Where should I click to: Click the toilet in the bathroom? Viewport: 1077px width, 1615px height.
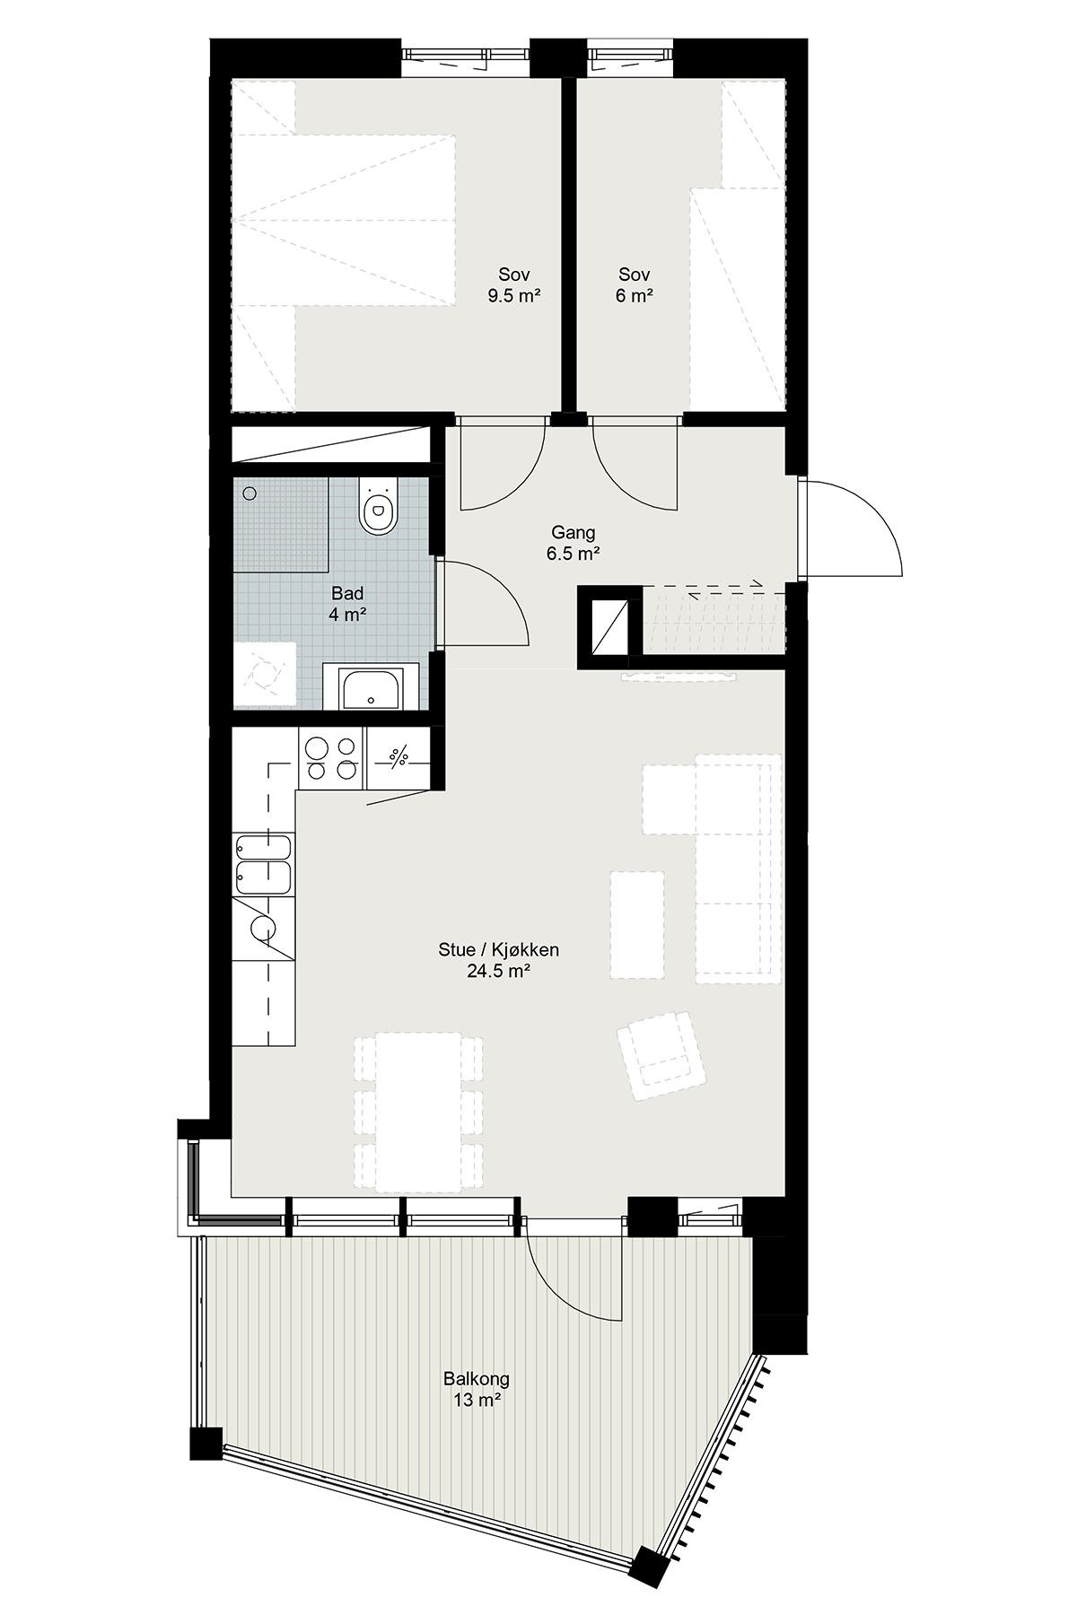pyautogui.click(x=377, y=505)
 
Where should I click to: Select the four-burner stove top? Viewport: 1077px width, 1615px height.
pyautogui.click(x=331, y=758)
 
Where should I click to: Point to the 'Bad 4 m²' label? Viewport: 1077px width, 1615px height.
pyautogui.click(x=347, y=604)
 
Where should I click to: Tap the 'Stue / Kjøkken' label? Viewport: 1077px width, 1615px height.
pyautogui.click(x=499, y=950)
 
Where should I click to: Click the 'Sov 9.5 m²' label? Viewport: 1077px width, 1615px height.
pyautogui.click(x=513, y=285)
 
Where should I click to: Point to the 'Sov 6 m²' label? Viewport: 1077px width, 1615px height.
pyautogui.click(x=634, y=285)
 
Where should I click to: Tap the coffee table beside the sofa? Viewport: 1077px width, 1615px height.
pyautogui.click(x=637, y=924)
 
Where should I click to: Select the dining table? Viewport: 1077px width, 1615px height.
pyautogui.click(x=418, y=1113)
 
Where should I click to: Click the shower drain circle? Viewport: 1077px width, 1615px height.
pyautogui.click(x=250, y=493)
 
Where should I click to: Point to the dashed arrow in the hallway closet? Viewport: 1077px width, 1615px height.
pyautogui.click(x=725, y=589)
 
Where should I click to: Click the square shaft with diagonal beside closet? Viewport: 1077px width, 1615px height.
pyautogui.click(x=609, y=627)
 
